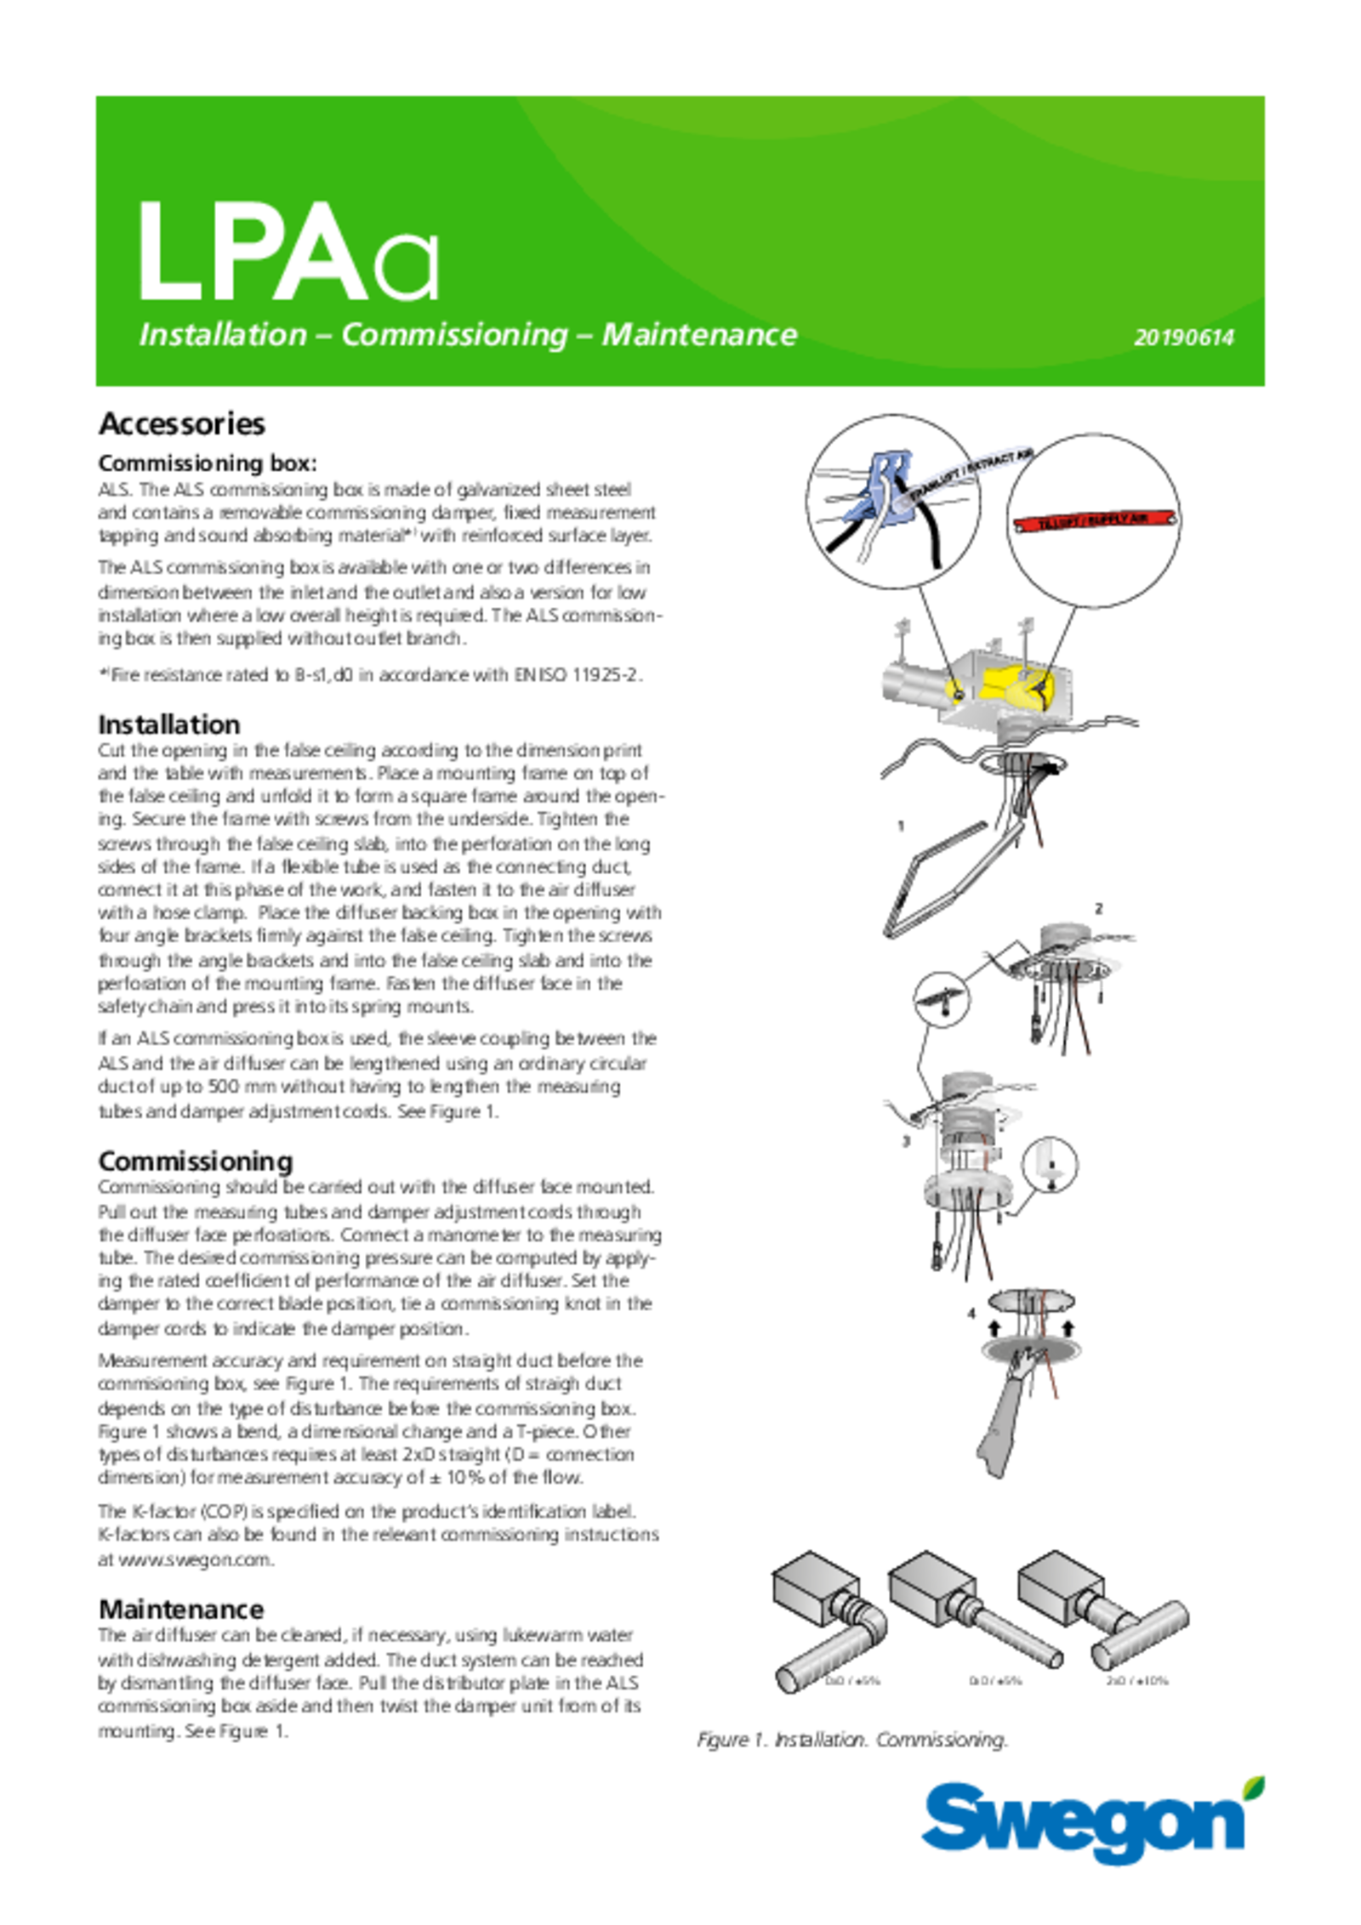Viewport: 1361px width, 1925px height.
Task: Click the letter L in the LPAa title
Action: point(168,253)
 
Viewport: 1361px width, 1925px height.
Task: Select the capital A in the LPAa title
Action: point(321,253)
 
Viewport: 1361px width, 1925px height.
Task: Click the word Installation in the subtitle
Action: point(223,335)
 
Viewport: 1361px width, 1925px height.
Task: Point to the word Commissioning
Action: point(454,335)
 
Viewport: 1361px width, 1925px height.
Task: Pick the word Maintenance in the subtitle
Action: point(699,335)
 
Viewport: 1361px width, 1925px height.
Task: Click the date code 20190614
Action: point(1183,338)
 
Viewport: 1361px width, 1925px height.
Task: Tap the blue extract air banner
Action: point(970,474)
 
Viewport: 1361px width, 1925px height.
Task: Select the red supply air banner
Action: point(1094,519)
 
